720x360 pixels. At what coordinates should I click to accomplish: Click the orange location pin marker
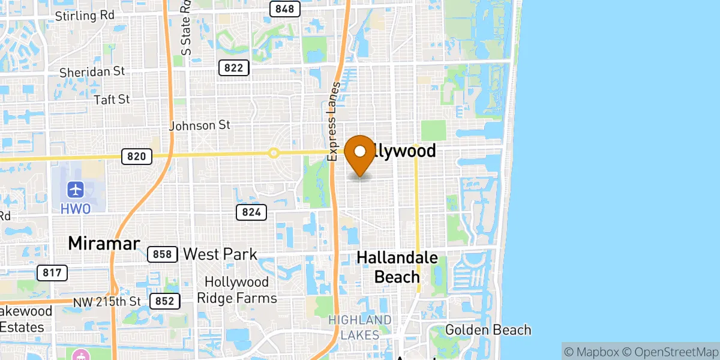click(361, 154)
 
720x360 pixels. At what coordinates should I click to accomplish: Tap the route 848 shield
click(285, 8)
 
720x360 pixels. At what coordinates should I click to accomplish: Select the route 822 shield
click(233, 67)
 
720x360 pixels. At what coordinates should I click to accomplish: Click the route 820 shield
click(137, 157)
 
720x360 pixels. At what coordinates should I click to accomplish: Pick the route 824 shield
click(251, 212)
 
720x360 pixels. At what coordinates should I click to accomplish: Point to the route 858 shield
click(162, 254)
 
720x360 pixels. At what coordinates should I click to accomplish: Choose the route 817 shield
click(52, 273)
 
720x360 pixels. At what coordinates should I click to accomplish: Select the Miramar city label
click(104, 243)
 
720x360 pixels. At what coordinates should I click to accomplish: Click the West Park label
click(220, 254)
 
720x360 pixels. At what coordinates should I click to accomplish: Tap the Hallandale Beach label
click(397, 267)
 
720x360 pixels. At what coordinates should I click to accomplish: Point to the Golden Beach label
click(488, 329)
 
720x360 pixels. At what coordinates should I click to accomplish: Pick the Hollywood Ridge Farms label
click(241, 290)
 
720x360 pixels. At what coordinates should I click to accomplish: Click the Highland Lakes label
click(360, 327)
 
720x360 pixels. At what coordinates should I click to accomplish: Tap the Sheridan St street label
click(92, 71)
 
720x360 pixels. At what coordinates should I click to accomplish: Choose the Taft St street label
click(112, 99)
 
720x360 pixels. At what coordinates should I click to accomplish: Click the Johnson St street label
click(200, 125)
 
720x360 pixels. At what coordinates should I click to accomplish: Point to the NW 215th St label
click(107, 301)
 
